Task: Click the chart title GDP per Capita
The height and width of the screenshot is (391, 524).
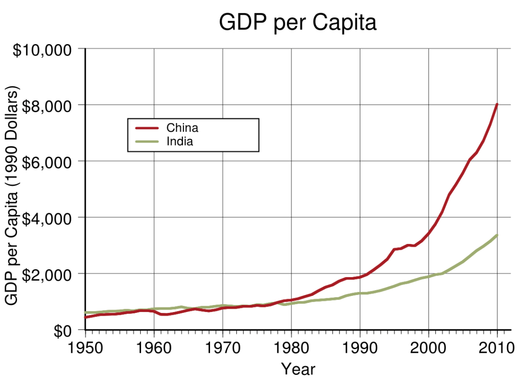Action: tap(297, 23)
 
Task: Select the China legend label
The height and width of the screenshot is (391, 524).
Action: tap(182, 127)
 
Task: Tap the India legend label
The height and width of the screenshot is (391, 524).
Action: tap(180, 142)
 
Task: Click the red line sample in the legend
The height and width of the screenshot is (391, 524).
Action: tap(147, 128)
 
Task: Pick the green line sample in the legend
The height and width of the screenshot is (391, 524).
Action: tap(147, 142)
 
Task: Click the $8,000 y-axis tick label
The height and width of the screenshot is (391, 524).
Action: tap(46, 106)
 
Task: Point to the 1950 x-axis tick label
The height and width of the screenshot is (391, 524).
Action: tap(85, 347)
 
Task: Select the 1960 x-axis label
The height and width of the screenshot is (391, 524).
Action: tap(154, 347)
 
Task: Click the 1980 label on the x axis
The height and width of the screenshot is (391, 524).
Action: tap(291, 347)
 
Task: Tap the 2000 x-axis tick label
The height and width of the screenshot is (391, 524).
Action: tap(428, 347)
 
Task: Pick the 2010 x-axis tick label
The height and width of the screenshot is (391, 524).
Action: tap(497, 347)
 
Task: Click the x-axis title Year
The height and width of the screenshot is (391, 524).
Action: tap(298, 369)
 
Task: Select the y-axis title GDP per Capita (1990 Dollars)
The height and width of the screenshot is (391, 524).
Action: tap(12, 195)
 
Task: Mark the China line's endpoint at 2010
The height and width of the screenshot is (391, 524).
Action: tap(497, 104)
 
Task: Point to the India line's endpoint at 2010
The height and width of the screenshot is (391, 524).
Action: tap(497, 235)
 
